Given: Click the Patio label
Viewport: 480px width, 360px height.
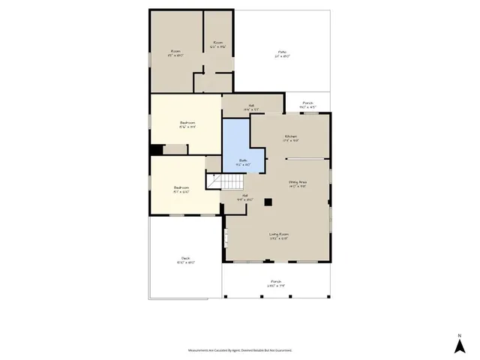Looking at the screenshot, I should tap(283, 53).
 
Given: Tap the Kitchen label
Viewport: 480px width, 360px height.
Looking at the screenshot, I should tap(291, 138).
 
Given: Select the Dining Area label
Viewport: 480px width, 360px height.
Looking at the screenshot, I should tap(298, 184).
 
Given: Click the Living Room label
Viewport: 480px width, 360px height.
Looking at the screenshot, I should tap(279, 237).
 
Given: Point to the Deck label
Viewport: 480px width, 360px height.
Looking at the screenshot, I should tap(185, 260).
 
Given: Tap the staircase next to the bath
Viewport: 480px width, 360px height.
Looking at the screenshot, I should tap(227, 181).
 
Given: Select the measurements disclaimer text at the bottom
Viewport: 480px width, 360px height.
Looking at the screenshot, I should tap(240, 350).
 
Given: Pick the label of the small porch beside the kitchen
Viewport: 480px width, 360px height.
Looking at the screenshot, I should tap(307, 105).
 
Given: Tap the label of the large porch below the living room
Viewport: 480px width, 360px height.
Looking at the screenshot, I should tap(277, 284).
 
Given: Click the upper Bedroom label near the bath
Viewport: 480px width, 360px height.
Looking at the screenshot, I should tap(187, 124).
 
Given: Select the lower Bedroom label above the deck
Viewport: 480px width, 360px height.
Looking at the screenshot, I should tap(181, 189).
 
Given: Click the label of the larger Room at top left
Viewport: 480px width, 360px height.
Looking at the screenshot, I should tap(176, 53).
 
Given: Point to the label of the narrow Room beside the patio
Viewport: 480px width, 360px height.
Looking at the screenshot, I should tap(218, 44).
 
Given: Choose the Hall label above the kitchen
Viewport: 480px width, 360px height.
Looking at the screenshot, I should tap(232, 107).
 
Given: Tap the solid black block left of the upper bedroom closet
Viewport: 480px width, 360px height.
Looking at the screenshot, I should tap(156, 150).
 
